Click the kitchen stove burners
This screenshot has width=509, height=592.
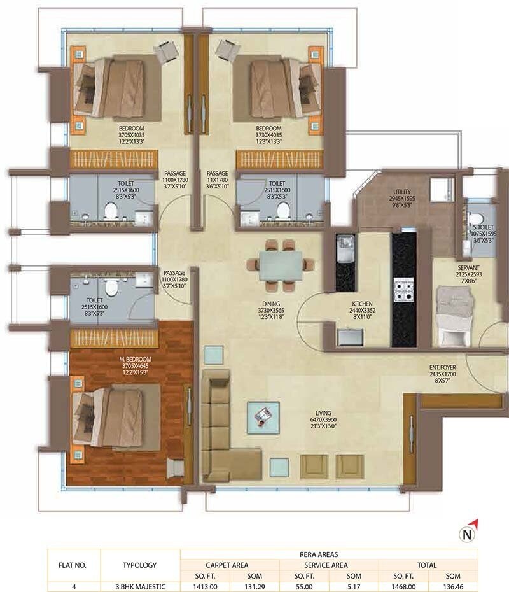[403, 290]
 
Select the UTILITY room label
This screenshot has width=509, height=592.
[402, 192]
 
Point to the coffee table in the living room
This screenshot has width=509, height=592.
[263, 416]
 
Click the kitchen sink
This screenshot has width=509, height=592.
[346, 243]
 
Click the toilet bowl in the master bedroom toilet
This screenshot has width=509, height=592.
[112, 287]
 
